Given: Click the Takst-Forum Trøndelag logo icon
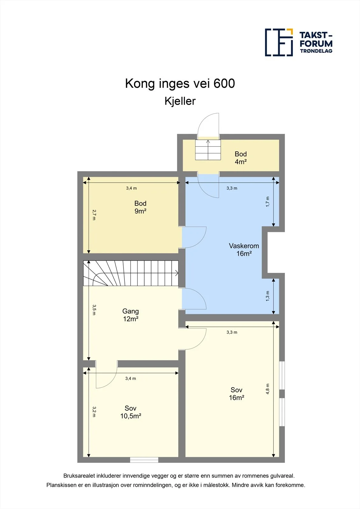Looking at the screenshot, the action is [279, 43].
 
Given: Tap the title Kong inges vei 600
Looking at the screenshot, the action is [180, 83].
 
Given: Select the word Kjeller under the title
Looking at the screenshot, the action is [180, 101].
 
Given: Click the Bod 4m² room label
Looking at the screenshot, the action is [241, 158].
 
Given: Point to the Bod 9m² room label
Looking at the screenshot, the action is [140, 207].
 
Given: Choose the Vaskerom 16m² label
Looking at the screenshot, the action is [244, 249].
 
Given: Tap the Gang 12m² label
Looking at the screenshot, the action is [131, 315].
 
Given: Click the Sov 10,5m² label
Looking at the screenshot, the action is [131, 412].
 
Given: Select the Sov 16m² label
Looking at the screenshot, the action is [236, 394].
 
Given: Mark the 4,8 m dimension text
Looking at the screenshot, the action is [268, 389].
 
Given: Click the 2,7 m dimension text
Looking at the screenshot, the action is [94, 215].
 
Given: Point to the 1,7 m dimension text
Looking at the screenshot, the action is [268, 202].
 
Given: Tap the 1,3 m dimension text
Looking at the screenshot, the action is [268, 296].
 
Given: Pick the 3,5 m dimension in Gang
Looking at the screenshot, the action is [94, 310].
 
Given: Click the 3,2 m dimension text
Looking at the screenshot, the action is [94, 412].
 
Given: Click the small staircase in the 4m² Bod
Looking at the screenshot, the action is [208, 150].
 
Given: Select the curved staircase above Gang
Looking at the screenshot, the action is [131, 273].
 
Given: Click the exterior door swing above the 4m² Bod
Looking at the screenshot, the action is [208, 125].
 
